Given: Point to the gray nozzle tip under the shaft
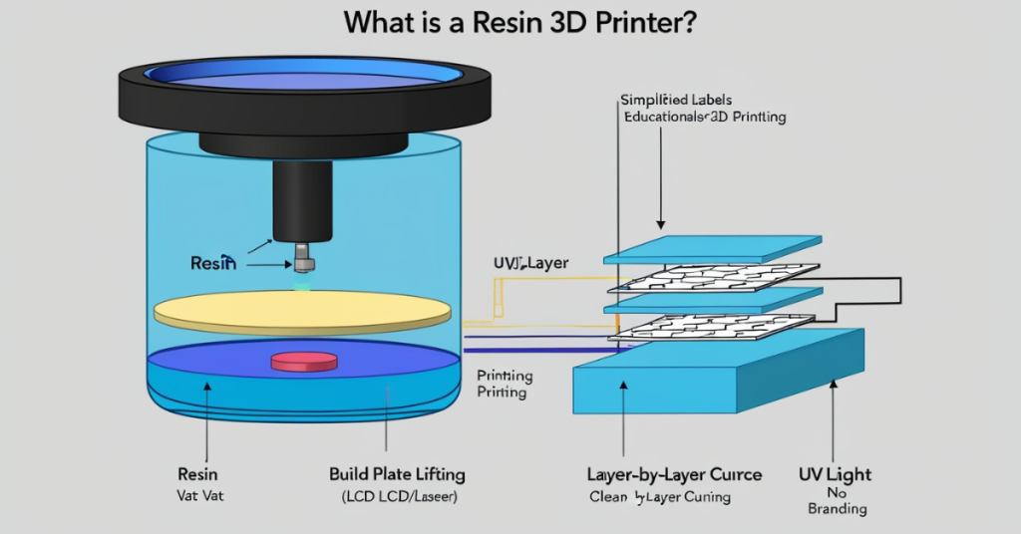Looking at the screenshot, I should click(x=305, y=260).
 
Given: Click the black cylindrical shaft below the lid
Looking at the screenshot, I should click(x=301, y=199).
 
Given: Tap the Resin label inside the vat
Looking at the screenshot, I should click(x=212, y=263).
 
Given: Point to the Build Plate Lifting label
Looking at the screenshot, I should click(x=397, y=473).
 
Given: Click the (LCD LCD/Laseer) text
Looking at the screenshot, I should click(x=397, y=495).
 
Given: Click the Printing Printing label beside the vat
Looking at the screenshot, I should click(x=504, y=384).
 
